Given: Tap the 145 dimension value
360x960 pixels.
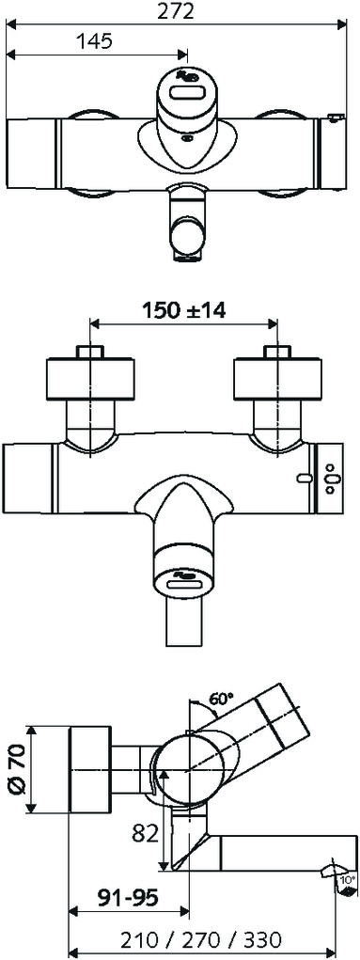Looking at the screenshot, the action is coord(94,41).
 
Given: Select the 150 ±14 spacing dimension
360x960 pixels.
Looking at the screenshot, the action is coord(183,309).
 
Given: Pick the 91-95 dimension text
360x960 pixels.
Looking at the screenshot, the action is coord(129,898).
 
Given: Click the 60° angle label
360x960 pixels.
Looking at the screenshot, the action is coord(221,698).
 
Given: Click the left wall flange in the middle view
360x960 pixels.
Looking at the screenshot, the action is coord(90,378).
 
